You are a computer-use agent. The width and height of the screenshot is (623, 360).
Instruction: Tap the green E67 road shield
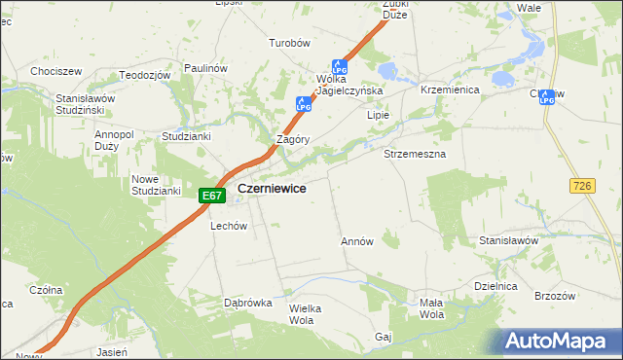[x=212, y=196]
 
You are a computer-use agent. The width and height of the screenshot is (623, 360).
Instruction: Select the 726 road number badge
[x=584, y=185]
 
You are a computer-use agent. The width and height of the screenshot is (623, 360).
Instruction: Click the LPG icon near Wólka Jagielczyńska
[x=340, y=67]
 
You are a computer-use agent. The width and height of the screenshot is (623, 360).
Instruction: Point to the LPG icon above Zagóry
[x=304, y=102]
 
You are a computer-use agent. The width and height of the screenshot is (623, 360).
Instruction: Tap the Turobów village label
[x=289, y=43]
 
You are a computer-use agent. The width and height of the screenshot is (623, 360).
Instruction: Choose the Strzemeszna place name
[x=415, y=155]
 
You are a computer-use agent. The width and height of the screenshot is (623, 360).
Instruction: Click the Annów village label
[x=357, y=240]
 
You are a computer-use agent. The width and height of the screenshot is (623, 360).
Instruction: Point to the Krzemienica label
[x=446, y=89]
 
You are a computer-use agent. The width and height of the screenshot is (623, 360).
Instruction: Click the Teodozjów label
[x=145, y=75]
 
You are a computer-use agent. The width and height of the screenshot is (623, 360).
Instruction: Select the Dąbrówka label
[x=247, y=303]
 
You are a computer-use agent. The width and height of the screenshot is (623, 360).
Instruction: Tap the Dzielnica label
[x=494, y=285]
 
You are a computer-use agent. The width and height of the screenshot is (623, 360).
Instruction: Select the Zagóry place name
[x=293, y=139]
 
